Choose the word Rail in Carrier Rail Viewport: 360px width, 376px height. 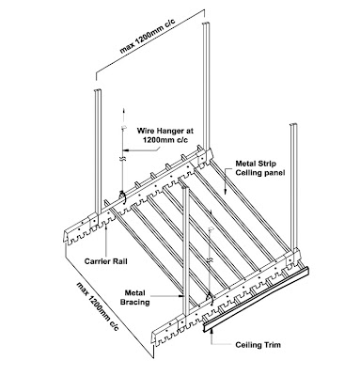[118, 253]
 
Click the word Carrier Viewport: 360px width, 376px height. [93, 253]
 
